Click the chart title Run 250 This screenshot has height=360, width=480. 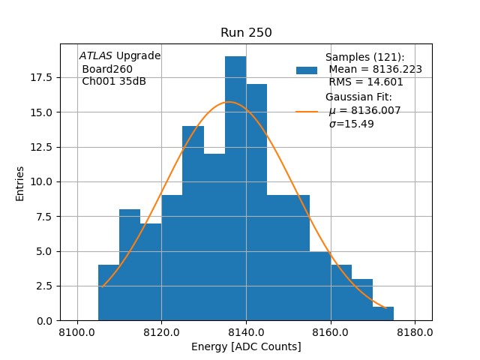(246, 33)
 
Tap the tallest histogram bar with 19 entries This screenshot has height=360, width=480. (235, 187)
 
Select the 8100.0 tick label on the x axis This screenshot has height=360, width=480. (77, 333)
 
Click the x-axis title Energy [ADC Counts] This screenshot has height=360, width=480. (246, 346)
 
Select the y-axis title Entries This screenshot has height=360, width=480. (20, 183)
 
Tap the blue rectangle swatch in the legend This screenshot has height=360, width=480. (307, 70)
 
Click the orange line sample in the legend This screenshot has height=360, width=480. (307, 111)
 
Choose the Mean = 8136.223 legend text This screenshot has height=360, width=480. (375, 70)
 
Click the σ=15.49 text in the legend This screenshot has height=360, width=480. (351, 124)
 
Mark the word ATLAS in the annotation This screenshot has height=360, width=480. (95, 56)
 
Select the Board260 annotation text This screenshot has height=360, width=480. (107, 69)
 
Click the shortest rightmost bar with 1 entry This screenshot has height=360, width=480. (382, 313)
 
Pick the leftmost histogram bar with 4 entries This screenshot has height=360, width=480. (109, 292)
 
